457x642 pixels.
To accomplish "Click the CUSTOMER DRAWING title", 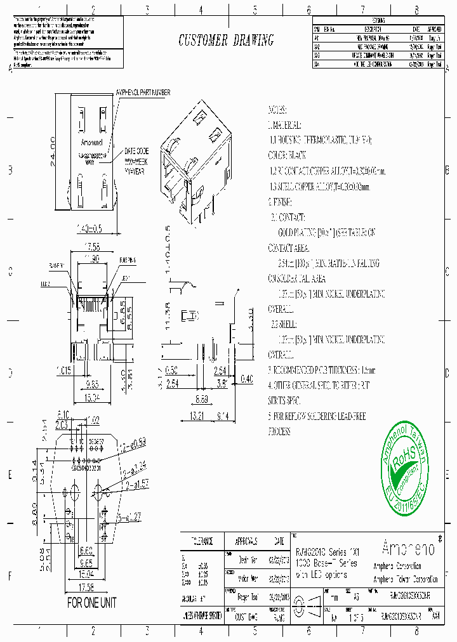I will point(226,41).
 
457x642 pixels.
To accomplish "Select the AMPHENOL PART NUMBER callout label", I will point(143,93).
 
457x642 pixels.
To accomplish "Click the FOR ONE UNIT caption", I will point(92,603).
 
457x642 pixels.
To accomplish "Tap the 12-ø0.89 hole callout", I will point(133,440).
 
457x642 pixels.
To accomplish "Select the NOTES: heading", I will point(278,109).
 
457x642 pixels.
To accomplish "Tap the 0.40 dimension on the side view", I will point(246,379).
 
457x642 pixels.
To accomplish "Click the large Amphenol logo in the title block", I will point(406,547).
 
